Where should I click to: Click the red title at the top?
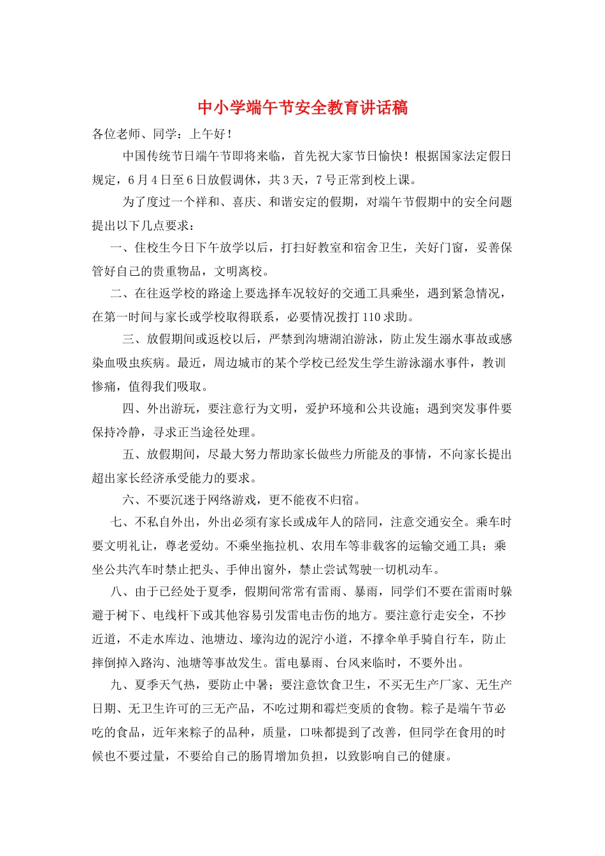coord(302,107)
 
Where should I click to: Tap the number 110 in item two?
coord(371,317)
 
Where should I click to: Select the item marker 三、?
coord(134,339)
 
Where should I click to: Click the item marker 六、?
coord(134,499)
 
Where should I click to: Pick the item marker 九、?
coord(122,685)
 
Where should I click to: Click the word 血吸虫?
coord(128,362)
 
